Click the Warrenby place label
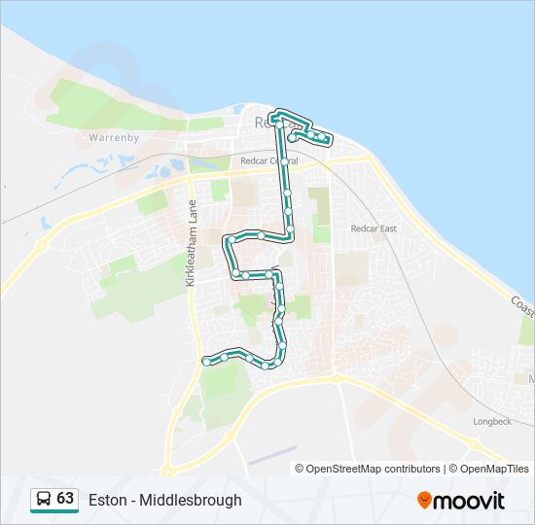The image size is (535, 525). pos(115,138)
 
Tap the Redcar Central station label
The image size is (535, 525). pos(270,160)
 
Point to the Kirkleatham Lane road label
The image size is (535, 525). pos(192,243)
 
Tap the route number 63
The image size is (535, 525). pos(65,499)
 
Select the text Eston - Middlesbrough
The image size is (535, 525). pos(165,501)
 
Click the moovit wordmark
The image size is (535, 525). pos(470,501)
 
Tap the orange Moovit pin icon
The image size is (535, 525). pos(424,500)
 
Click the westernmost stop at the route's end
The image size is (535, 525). pos(206,362)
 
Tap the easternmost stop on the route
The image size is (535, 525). pos(328,141)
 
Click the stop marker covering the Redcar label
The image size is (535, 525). pos(276,123)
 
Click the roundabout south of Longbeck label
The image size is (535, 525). pos(473,444)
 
